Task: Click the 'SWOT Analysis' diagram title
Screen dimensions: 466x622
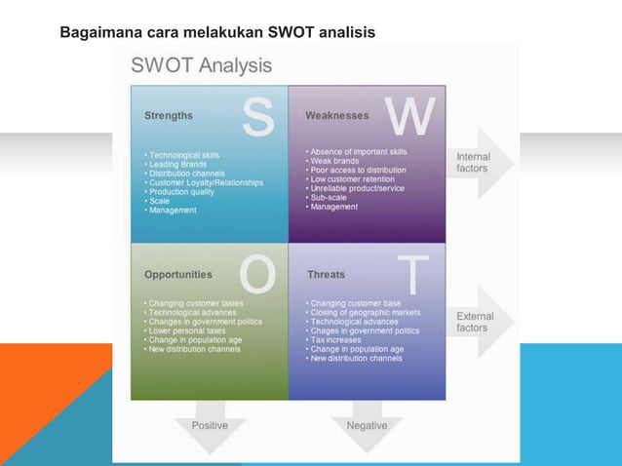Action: coord(202,66)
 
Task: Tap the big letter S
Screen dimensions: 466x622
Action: coord(257,118)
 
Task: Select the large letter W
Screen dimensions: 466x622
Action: coord(410,118)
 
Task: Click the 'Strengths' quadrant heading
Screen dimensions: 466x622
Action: coord(169,115)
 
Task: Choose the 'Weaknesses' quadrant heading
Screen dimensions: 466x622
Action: coord(337,115)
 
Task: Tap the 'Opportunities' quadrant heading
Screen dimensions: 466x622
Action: coord(178,275)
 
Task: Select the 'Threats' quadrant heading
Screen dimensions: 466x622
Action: coord(326,275)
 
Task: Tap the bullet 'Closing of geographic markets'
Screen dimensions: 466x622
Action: coord(367,313)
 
